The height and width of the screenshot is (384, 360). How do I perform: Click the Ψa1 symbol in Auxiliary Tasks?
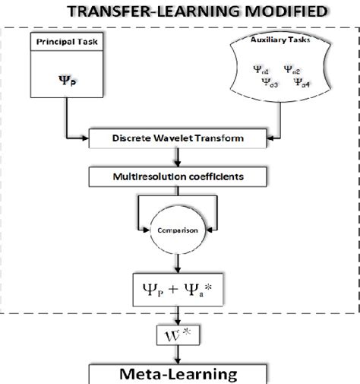click(x=261, y=69)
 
